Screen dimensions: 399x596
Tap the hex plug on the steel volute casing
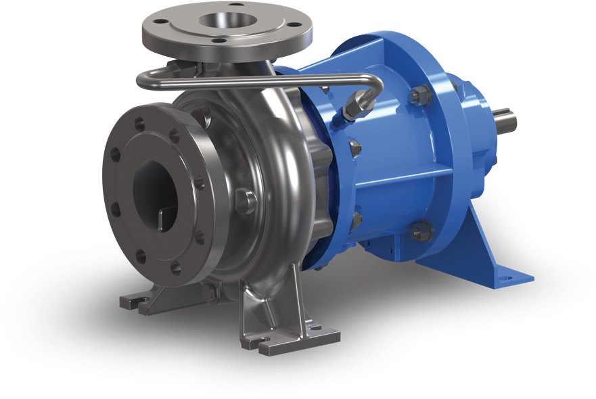pyautogui.click(x=246, y=201)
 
